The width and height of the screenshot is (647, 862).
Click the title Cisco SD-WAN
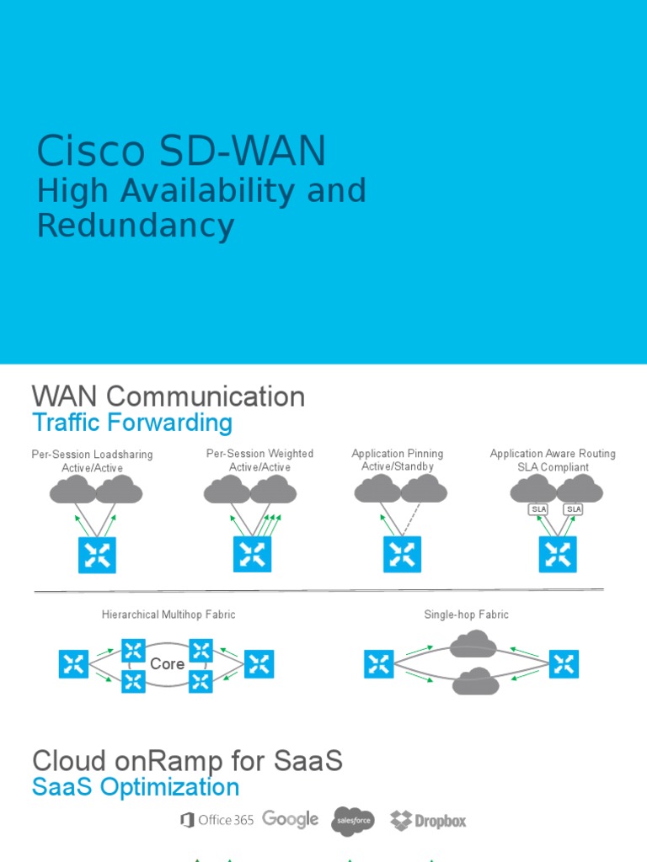[x=181, y=152]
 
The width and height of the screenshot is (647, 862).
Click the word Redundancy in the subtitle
[x=136, y=226]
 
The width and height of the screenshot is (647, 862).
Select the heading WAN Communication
[x=168, y=396]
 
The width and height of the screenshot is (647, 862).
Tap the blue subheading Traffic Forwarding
[x=131, y=423]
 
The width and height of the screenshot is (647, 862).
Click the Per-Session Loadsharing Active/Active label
[x=93, y=460]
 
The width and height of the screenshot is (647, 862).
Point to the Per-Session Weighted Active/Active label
[x=259, y=460]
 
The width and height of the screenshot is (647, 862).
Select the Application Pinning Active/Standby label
[x=397, y=460]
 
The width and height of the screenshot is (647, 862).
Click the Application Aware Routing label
[x=553, y=454]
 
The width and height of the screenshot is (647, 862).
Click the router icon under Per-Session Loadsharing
[x=97, y=555]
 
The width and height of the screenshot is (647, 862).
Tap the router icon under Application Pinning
[x=402, y=555]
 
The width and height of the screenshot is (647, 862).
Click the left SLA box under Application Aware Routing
[x=537, y=509]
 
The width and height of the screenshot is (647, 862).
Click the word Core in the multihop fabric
[x=167, y=664]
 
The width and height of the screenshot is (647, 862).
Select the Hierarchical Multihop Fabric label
[x=168, y=615]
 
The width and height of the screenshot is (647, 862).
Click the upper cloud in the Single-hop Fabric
[x=473, y=645]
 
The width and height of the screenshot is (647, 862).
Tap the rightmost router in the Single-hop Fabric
[x=564, y=664]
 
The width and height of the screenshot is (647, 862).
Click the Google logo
[x=290, y=819]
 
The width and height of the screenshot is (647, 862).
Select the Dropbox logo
[x=428, y=820]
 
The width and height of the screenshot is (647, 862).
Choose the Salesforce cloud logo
[x=352, y=820]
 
